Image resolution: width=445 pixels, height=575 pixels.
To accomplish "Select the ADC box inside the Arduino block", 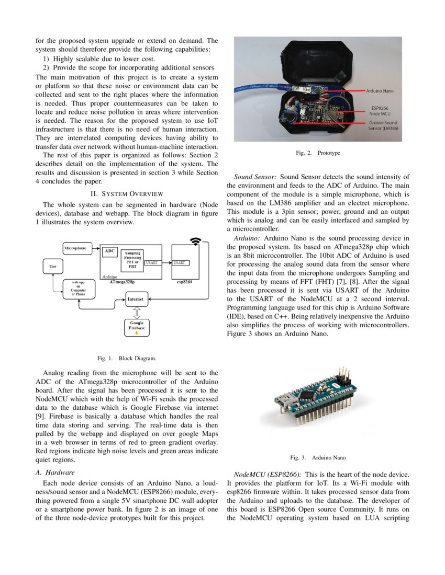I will [109, 251].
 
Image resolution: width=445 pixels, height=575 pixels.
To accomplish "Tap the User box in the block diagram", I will [53, 267].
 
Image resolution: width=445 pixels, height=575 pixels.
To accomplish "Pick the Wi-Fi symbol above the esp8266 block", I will [196, 241].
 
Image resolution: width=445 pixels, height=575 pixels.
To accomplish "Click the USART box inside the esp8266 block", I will [181, 263].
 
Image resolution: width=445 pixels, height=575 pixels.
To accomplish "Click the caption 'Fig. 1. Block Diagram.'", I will [126, 359].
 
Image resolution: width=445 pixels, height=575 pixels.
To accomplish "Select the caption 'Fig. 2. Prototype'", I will [318, 153].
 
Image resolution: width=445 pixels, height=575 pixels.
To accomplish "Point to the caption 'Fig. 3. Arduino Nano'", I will [318, 458].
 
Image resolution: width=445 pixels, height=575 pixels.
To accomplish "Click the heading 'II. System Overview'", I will [127, 194].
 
